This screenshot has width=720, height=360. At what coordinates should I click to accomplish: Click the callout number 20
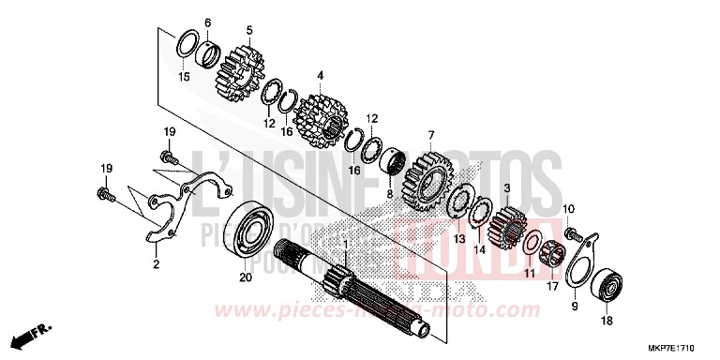tap(245, 277)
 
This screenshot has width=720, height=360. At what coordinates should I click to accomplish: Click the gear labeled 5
tap(239, 68)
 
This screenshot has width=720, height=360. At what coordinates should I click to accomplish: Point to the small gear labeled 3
tap(509, 227)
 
